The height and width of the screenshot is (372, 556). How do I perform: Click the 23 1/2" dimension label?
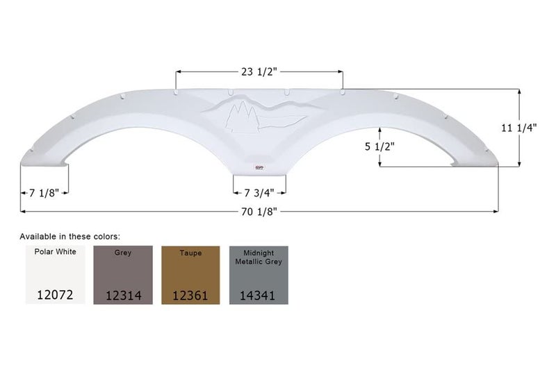point(259,71)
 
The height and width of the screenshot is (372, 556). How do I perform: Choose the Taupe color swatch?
point(190,274)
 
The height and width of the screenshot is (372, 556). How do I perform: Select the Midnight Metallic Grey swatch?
point(259,274)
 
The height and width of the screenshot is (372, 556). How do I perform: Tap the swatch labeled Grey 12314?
point(122,274)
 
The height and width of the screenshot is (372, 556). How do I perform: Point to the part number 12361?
point(190,295)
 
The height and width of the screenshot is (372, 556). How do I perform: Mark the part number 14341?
point(259,295)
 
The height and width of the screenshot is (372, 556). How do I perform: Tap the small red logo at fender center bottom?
point(259,167)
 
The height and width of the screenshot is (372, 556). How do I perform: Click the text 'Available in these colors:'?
point(69,236)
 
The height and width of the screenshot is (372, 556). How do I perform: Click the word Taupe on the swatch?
point(190,253)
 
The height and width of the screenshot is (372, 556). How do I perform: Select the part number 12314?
point(122,295)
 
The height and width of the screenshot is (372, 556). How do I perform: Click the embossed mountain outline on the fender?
point(278,108)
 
